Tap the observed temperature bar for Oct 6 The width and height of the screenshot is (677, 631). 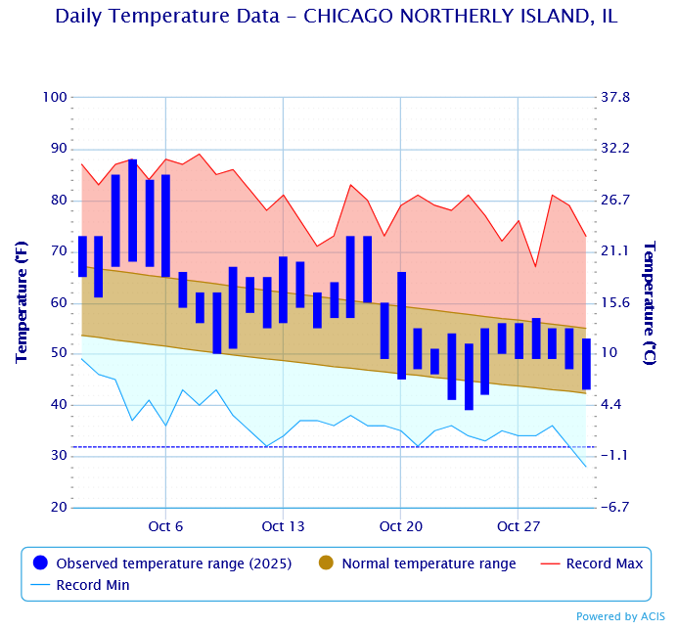coord(165,226)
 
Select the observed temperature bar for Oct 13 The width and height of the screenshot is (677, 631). coord(283,290)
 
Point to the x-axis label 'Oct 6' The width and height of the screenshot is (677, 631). coord(165,526)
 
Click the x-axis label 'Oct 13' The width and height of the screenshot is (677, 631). coord(283,526)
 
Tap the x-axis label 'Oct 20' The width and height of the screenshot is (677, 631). coord(401,526)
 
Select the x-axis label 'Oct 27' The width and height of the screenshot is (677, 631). coord(519,526)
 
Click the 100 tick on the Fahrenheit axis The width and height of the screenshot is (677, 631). coord(55,97)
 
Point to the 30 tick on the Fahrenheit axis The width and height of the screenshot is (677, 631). coord(58,456)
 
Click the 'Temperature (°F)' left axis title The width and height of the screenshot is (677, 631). coord(21,302)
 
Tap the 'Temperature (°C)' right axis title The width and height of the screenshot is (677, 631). coord(650,302)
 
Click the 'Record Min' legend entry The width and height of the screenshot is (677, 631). coord(92,585)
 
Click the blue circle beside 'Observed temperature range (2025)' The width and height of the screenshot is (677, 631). coord(40,563)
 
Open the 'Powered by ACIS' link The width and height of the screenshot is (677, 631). coord(620,616)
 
